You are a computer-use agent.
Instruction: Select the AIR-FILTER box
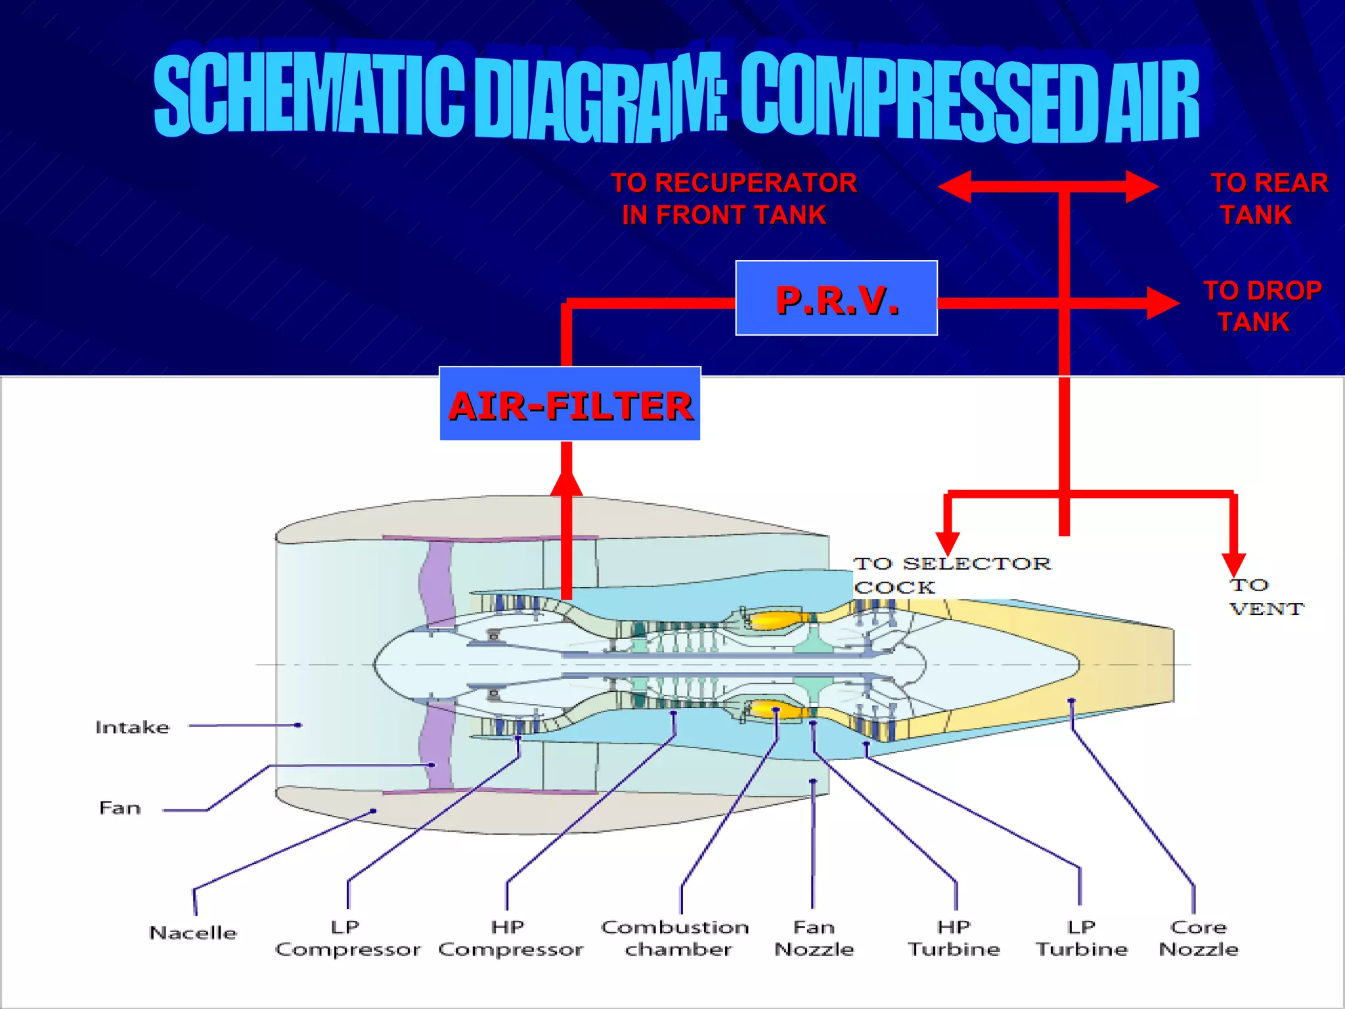tap(569, 404)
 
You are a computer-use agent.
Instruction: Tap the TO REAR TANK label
tap(1268, 198)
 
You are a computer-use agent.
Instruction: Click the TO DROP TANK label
tap(1261, 306)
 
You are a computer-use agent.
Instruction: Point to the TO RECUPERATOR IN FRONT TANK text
tap(732, 198)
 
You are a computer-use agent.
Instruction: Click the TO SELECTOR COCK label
tap(951, 575)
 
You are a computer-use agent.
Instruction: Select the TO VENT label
tap(1265, 596)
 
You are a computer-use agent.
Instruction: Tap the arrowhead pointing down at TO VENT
tap(1233, 564)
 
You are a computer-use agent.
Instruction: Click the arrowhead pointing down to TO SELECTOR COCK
tap(947, 543)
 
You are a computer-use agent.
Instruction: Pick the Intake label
tap(132, 727)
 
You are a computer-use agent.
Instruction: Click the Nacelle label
tap(192, 933)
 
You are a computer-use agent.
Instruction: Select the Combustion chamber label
tap(676, 938)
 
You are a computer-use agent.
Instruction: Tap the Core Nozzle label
tap(1198, 938)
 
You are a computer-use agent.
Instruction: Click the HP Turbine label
tap(954, 938)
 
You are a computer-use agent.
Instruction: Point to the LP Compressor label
tap(347, 938)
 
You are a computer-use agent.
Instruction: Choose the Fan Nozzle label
tap(814, 938)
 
